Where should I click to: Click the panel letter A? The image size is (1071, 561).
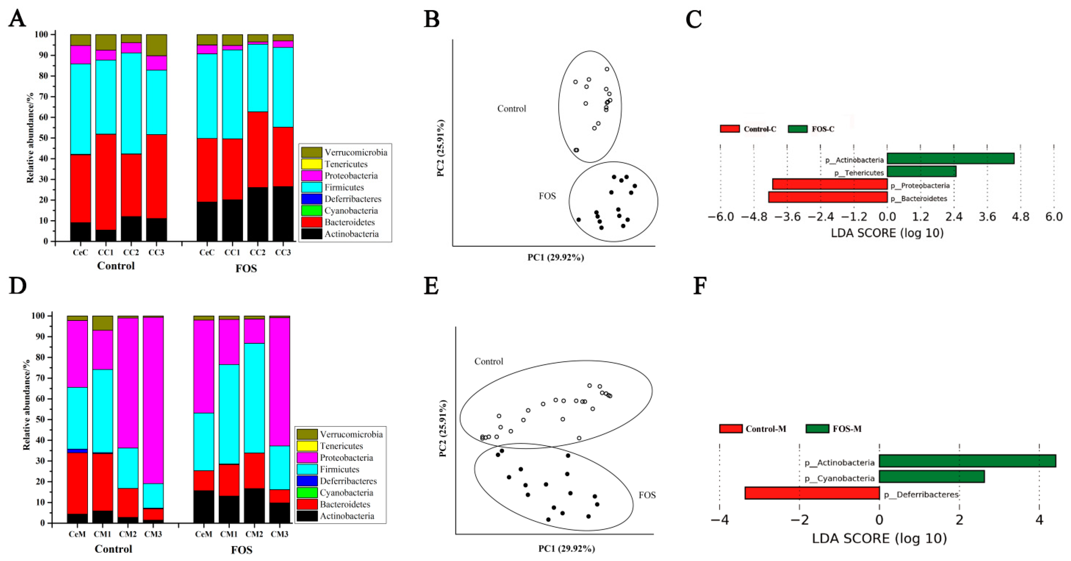pos(17,19)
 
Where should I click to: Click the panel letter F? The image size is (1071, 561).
pos(700,286)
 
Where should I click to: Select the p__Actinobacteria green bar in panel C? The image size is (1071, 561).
pos(950,159)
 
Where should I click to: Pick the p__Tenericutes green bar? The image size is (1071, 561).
pos(921,171)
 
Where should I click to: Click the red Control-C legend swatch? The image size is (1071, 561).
pos(730,129)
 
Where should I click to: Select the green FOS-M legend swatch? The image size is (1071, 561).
pos(817,428)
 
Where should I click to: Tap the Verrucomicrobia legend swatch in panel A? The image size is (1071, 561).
pos(311,152)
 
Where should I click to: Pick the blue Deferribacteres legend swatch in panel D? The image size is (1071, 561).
pos(307,481)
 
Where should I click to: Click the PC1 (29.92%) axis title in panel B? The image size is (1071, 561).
pos(556,257)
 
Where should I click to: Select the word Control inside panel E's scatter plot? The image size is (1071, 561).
pos(489,361)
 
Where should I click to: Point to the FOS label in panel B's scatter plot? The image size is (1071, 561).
pos(547,196)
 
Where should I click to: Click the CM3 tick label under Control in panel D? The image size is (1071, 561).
pos(153,534)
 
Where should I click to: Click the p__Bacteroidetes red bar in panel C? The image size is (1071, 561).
pos(827,197)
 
